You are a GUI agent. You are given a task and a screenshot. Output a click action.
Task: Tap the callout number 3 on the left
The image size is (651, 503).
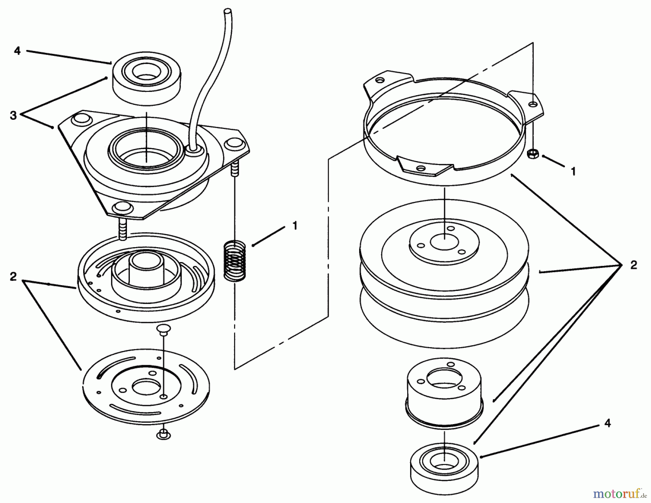tap(13, 116)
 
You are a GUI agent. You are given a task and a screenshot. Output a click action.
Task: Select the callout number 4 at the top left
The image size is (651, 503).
tap(17, 51)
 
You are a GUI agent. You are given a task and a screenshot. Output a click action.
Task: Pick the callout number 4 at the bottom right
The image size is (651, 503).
tap(607, 423)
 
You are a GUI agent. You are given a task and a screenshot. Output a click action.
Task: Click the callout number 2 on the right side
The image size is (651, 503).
tap(633, 265)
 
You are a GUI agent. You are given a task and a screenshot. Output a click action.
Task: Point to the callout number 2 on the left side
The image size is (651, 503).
tap(13, 277)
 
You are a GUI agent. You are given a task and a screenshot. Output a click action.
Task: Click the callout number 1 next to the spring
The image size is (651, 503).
tap(295, 226)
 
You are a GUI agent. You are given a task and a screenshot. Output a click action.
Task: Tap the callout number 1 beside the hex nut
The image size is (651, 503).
tap(573, 171)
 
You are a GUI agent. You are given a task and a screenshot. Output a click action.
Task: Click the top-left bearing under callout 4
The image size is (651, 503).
tap(137, 79)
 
